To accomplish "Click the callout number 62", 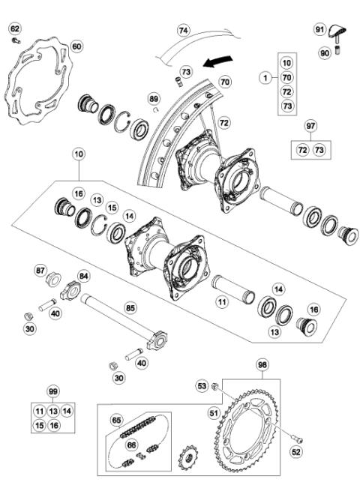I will coord(15,28).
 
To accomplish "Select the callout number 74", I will coord(184,31).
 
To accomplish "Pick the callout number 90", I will coord(325,52).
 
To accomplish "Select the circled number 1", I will coord(265,77).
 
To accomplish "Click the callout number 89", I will coord(154,98).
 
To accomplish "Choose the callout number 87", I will coord(41,268).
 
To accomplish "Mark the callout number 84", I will coord(83,275).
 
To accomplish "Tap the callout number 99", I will coord(52,392).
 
